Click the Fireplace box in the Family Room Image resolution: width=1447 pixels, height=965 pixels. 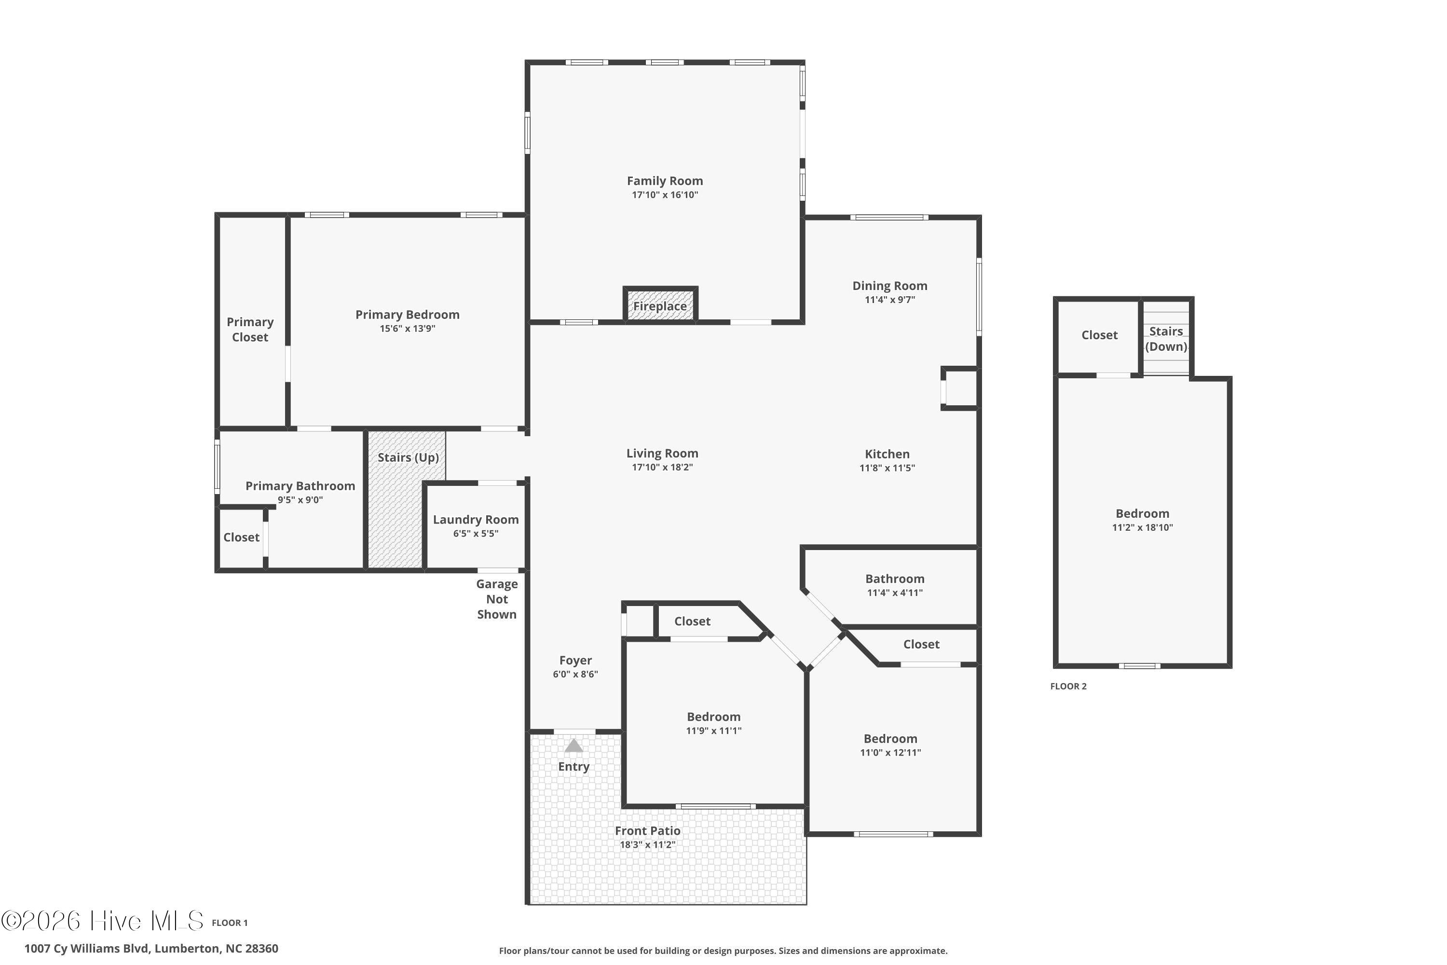(x=660, y=304)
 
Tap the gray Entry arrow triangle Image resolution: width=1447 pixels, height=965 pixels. (x=573, y=745)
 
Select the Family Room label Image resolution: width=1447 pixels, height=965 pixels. (x=665, y=181)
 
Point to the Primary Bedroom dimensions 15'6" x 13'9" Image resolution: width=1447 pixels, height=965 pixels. (x=407, y=329)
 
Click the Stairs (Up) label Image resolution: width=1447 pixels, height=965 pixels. (x=408, y=457)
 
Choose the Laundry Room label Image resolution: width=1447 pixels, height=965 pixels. (x=476, y=520)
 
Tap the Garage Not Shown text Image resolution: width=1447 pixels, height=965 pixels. (x=497, y=599)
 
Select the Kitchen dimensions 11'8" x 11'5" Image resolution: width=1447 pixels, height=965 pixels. (x=887, y=468)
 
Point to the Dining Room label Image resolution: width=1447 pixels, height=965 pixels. (x=889, y=286)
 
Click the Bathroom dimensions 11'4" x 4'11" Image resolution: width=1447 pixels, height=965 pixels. (x=895, y=593)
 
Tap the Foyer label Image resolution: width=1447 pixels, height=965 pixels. (x=575, y=661)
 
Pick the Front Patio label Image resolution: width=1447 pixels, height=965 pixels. (x=647, y=831)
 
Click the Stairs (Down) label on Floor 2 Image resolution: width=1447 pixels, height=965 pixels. (x=1166, y=339)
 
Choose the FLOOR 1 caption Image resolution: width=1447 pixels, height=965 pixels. (x=230, y=923)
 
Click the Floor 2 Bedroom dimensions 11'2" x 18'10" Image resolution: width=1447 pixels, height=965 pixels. (x=1143, y=527)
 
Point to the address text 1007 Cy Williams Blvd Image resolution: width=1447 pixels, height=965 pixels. (x=87, y=949)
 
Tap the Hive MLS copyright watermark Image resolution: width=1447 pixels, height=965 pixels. (x=102, y=921)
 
